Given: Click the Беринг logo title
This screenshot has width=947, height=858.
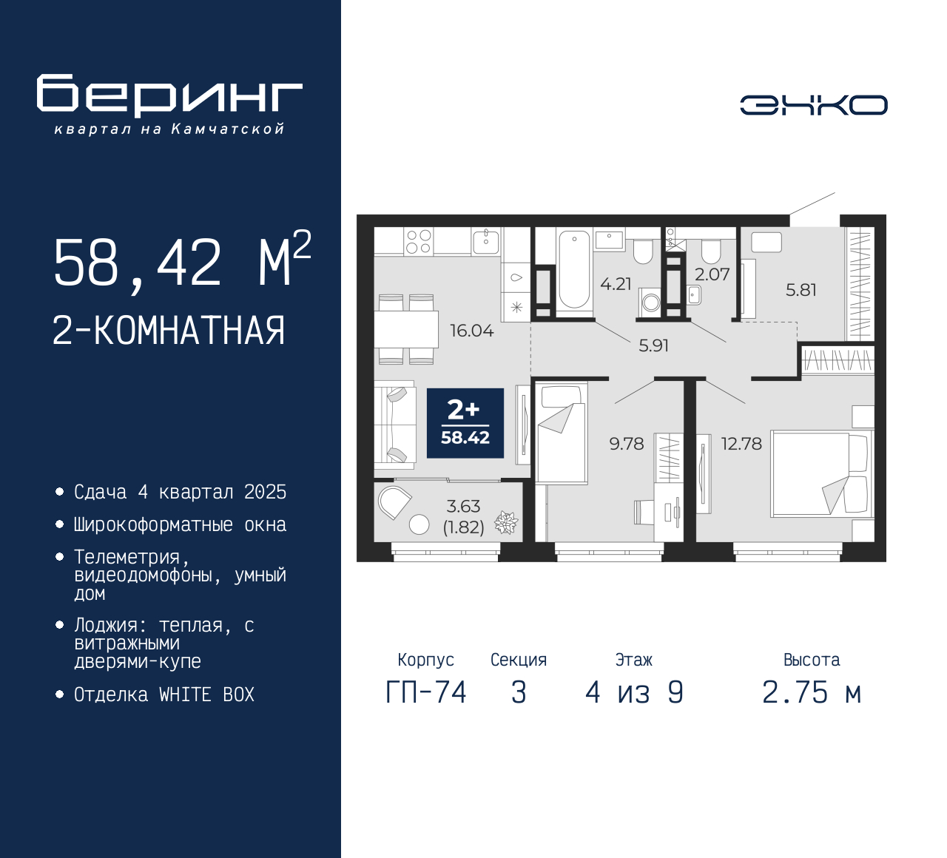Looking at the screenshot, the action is (169, 95).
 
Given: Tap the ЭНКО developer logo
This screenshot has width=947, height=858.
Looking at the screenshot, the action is (813, 105).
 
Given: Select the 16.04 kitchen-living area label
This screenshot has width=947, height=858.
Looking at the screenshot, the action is (471, 331).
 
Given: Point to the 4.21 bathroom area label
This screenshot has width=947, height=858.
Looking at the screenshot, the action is (616, 284).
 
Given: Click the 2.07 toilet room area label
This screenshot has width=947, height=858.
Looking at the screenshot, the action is (712, 274).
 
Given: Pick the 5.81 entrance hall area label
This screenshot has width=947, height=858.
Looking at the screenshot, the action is (801, 290).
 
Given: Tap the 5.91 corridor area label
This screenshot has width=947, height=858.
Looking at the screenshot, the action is (653, 346).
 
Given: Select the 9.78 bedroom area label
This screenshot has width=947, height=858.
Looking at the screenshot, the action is (627, 444).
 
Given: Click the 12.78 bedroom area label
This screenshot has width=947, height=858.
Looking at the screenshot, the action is (741, 444).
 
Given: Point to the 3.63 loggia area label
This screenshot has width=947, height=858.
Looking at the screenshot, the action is (463, 507).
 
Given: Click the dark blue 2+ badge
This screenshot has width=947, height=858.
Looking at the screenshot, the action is (465, 423).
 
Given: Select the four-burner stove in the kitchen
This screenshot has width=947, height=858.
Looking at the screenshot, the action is (419, 241).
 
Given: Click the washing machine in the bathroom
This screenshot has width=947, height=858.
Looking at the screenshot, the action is (650, 302).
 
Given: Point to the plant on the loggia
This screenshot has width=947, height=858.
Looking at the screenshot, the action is (506, 523).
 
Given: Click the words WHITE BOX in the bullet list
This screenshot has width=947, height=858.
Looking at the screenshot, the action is (206, 695).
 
